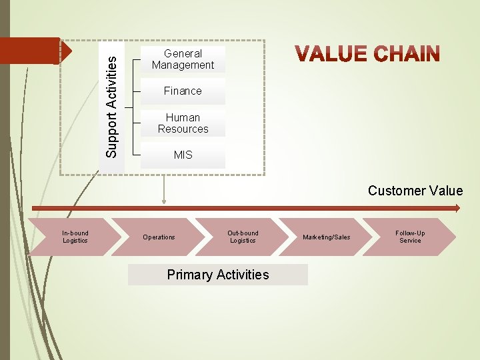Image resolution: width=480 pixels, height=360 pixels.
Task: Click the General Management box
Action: (x=183, y=59)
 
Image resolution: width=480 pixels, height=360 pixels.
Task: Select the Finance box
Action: (x=183, y=91)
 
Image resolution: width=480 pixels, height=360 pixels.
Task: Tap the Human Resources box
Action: (x=183, y=123)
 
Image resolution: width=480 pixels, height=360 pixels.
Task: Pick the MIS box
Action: (x=183, y=155)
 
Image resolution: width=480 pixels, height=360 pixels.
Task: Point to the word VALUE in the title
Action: (x=331, y=54)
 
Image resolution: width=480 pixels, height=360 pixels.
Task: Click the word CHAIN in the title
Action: (x=406, y=54)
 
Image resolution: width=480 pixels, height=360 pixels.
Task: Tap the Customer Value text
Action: (x=415, y=191)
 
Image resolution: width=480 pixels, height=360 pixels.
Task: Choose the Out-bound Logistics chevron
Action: (x=242, y=237)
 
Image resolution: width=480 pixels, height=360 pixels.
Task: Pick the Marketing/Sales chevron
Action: (x=326, y=237)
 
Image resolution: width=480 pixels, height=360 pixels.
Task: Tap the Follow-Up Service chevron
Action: (x=410, y=237)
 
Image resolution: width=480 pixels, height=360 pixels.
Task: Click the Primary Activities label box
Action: (x=218, y=275)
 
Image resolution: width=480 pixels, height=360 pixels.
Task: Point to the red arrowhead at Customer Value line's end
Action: (x=457, y=208)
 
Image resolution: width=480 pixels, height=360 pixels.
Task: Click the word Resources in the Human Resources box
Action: (x=183, y=129)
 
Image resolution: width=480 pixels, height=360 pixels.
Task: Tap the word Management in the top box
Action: (x=183, y=65)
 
